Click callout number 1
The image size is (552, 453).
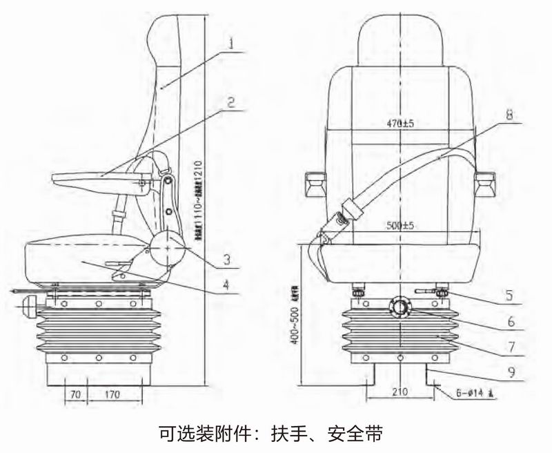(x=233, y=44)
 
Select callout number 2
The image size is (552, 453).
(x=232, y=102)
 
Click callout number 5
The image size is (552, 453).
(x=509, y=295)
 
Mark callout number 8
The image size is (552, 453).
(x=509, y=115)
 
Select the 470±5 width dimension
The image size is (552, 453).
(x=400, y=124)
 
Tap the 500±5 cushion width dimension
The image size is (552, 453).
(x=400, y=225)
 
